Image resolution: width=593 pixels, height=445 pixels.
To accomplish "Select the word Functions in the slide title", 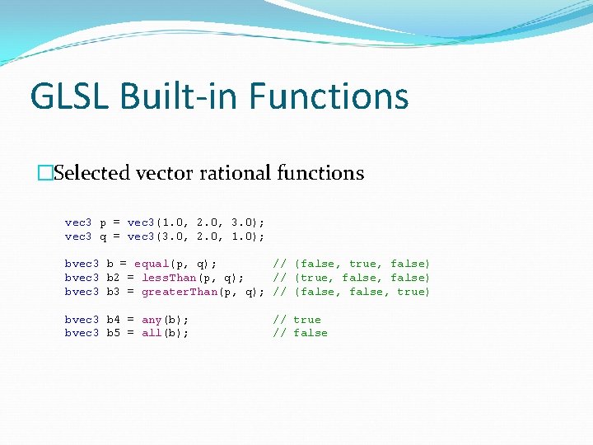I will click(x=329, y=96).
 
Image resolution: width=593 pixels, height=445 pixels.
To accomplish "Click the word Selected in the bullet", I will click(x=92, y=173).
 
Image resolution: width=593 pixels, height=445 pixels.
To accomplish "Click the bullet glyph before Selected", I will click(x=45, y=173).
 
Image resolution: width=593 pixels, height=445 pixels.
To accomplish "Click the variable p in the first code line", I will click(x=103, y=222).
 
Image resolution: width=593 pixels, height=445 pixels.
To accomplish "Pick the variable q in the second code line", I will click(x=103, y=237).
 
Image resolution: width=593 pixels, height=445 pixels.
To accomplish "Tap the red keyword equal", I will click(x=152, y=264).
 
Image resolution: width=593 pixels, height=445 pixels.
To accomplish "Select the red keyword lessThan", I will click(x=169, y=278).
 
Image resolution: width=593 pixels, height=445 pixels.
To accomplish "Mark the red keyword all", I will click(x=152, y=333).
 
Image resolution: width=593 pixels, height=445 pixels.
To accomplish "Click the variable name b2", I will click(x=114, y=278).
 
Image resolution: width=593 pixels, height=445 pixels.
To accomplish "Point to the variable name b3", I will click(x=114, y=292).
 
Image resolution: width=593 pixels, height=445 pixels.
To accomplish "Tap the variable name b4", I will click(x=114, y=320).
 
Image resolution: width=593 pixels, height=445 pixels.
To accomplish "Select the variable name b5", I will click(x=114, y=333).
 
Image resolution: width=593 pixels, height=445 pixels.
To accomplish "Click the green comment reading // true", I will click(x=296, y=320).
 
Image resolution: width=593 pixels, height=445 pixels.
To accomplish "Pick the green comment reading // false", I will click(x=300, y=333).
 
